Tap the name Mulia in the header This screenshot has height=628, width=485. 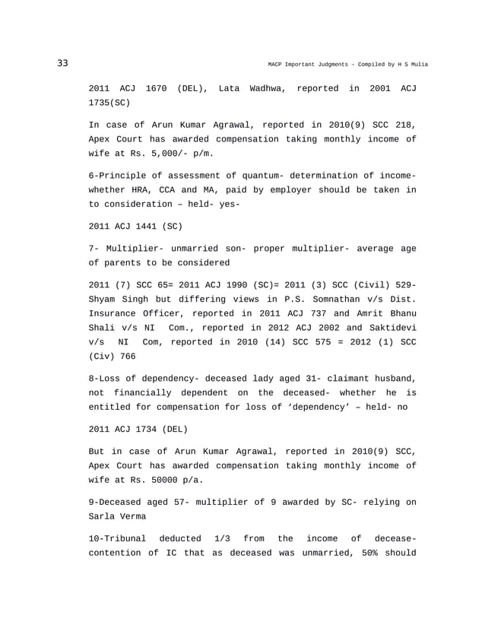[x=417, y=64]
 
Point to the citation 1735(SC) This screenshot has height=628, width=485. [x=113, y=103]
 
